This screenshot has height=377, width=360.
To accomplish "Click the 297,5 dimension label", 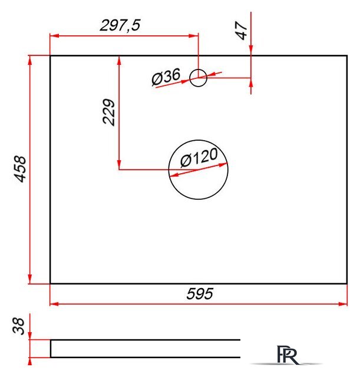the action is [x=120, y=25].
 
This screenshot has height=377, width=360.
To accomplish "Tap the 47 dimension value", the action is [x=242, y=30].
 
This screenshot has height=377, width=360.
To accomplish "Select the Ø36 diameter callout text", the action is [x=166, y=77].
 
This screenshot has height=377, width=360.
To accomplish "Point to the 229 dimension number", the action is [x=108, y=112].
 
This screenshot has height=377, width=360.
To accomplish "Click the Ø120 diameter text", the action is [x=199, y=157].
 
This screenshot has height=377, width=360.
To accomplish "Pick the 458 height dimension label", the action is [x=19, y=169].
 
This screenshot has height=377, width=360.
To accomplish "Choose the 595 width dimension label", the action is [x=200, y=293].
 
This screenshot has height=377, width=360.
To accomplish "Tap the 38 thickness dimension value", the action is [x=18, y=326].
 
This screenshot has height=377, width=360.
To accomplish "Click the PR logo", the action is [x=288, y=355].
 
